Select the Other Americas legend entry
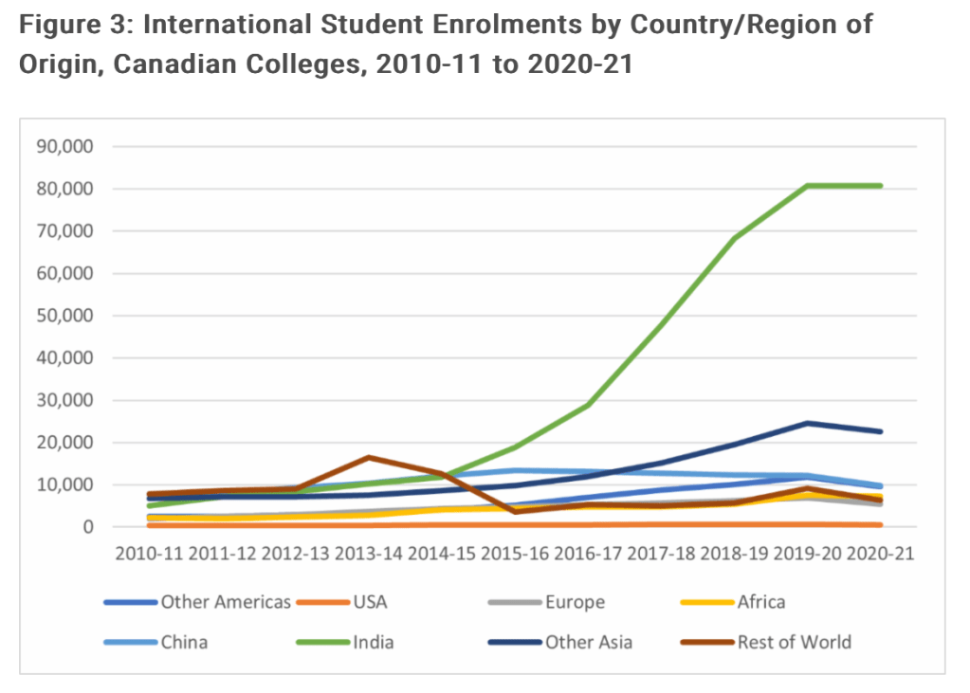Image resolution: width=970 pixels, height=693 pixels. pyautogui.click(x=225, y=601)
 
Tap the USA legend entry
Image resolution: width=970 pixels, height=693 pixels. pyautogui.click(x=371, y=601)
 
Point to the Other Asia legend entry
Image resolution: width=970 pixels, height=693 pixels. pyautogui.click(x=588, y=642)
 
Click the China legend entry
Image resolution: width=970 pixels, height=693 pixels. pyautogui.click(x=184, y=642)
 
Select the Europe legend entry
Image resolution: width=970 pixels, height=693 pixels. pyautogui.click(x=575, y=601)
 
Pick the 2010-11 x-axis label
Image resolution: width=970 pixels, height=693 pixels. pyautogui.click(x=148, y=554)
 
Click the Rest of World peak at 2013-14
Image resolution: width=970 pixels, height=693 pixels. pyautogui.click(x=367, y=457)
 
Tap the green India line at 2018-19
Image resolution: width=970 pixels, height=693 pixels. pyautogui.click(x=733, y=239)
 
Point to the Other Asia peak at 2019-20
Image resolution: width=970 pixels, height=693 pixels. pyautogui.click(x=806, y=423)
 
